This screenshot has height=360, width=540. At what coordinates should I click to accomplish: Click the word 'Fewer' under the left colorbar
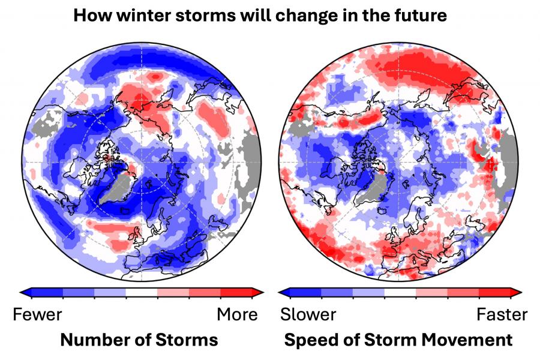(38, 314)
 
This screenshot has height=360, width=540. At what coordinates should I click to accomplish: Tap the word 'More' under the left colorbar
(237, 314)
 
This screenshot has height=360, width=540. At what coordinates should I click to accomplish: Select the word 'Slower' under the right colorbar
(308, 314)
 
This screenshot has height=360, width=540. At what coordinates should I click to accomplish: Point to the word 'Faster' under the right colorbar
(502, 314)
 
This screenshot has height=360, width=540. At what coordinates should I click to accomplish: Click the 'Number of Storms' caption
(139, 340)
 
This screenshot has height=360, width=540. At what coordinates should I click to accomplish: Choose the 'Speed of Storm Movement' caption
(398, 340)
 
